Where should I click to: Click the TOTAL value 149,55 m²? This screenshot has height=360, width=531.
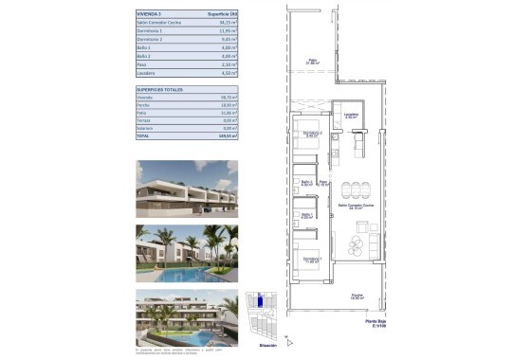[226, 135]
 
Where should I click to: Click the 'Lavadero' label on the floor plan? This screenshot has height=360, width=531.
[351, 116]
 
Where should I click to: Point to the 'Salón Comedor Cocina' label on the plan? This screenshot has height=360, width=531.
[355, 204]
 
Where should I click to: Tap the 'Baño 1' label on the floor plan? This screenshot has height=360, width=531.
[305, 214]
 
